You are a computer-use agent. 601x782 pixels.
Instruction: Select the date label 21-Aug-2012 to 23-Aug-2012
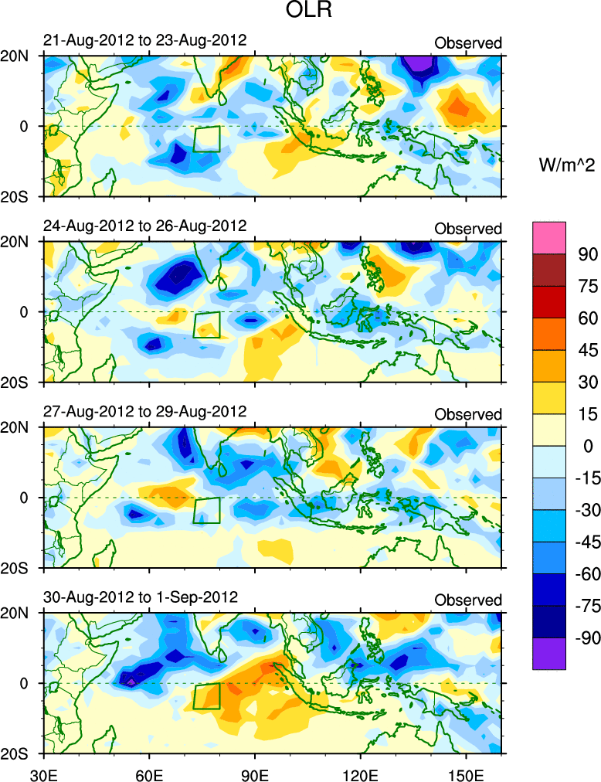(x=144, y=40)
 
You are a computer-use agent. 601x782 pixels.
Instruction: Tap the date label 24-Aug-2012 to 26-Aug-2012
(x=144, y=226)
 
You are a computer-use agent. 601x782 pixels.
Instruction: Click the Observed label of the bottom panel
(x=468, y=600)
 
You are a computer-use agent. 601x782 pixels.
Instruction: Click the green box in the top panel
(x=206, y=139)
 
